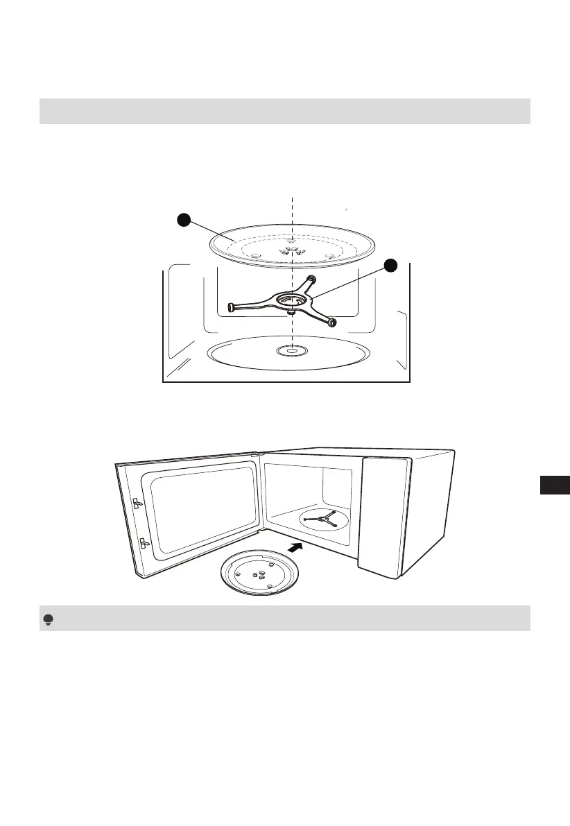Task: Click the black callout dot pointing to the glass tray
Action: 183,220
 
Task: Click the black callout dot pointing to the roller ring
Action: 391,265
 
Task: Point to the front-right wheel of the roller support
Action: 333,322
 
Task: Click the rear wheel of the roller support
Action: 310,279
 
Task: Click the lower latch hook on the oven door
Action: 142,542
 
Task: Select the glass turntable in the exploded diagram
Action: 293,244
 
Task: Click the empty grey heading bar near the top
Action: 284,111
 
